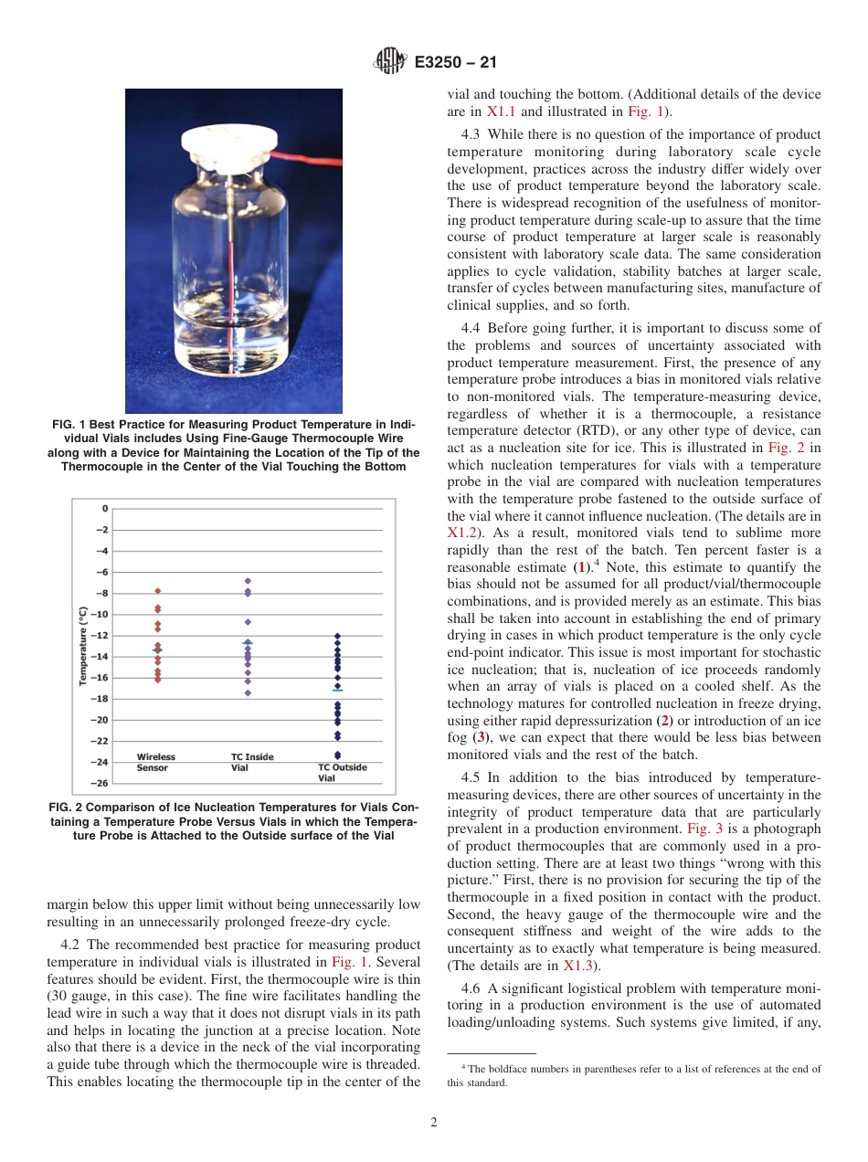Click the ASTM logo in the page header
390,62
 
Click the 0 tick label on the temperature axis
104,509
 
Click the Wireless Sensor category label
156,762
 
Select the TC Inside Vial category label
251,762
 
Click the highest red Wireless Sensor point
157,591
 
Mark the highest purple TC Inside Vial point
248,581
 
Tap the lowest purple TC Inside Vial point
248,692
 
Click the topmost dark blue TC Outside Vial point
337,636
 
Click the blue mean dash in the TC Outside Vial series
337,690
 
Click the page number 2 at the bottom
434,1123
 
